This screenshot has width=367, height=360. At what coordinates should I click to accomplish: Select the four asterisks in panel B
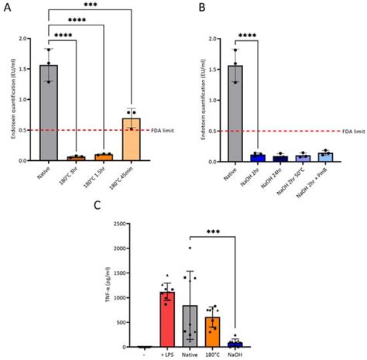pos(248,35)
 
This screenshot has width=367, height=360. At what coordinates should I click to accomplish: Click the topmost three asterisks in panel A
pos(94,5)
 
